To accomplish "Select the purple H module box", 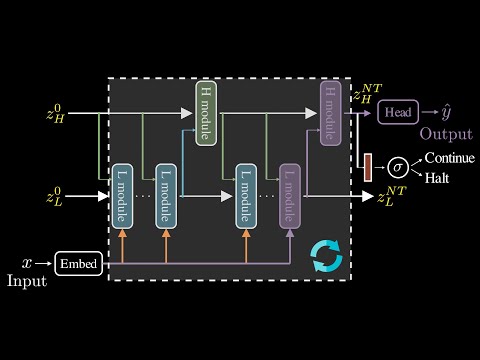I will coord(331,114).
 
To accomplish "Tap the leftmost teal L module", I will coord(122,193).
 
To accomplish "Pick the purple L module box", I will coord(290,193).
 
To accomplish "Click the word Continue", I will coord(449,158).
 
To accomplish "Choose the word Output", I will coord(446,134).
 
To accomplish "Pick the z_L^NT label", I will coord(392,196).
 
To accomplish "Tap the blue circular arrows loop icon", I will coord(326,256).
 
